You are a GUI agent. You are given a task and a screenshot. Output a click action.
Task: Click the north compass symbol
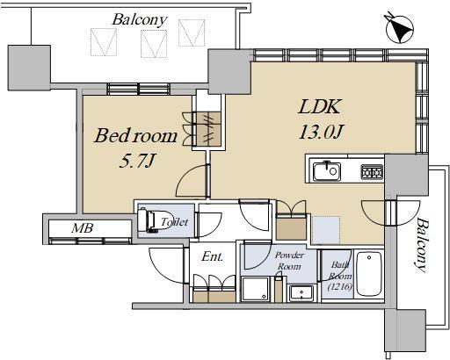coord(400,29)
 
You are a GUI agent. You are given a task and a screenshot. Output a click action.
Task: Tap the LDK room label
coord(320,106)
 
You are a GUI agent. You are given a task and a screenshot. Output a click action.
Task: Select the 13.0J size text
coord(321,132)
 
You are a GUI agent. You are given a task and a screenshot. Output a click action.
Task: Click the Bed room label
coord(135,136)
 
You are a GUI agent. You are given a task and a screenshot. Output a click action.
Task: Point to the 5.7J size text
coord(136,161)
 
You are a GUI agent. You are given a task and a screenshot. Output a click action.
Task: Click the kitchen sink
coord(327,171)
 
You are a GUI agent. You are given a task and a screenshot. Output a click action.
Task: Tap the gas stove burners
coord(372,172)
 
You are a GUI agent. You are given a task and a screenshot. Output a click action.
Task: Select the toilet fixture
coord(152,220)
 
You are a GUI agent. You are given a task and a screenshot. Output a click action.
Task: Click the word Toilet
coord(175,222)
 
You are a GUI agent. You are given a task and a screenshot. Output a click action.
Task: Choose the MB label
coord(83,228)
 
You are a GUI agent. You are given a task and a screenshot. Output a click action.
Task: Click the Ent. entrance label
coord(213,256)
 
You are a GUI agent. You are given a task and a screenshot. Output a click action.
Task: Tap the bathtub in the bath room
coord(369,274)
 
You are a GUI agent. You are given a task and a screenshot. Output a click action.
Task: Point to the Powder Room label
coord(289,261)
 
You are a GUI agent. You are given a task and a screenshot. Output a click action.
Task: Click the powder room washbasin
coord(301,292)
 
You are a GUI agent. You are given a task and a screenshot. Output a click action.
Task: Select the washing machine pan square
coord(255,289)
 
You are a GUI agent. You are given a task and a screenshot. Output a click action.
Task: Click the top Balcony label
coord(140,20)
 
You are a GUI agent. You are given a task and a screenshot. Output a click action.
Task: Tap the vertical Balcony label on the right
coord(421,245)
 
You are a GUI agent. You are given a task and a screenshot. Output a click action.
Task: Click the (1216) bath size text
coord(340,286)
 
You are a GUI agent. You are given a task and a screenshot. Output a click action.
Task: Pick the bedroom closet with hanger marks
coord(208,129)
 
